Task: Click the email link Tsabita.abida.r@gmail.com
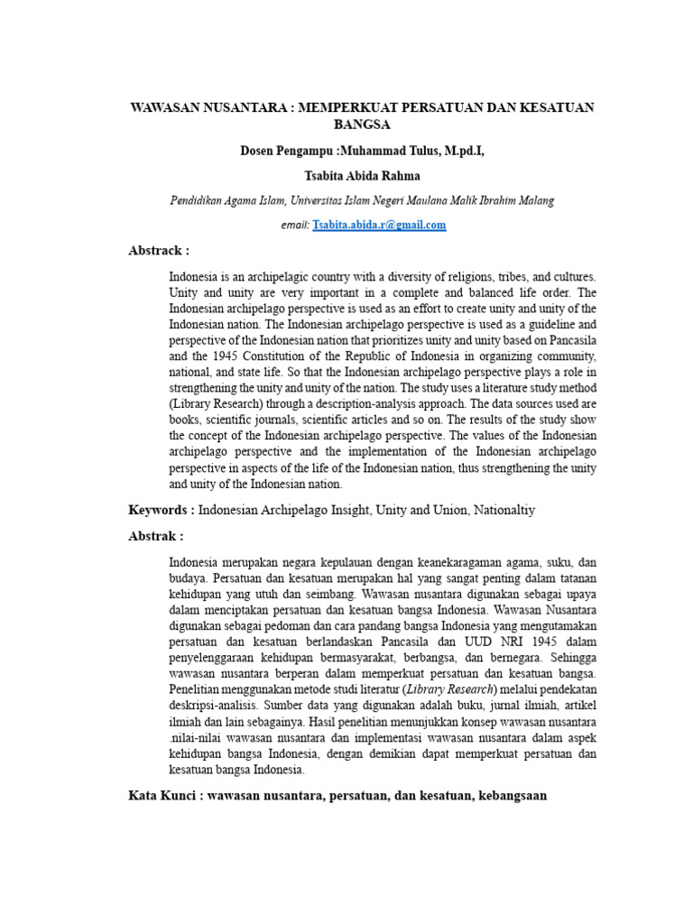coord(379,225)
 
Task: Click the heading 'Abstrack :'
coord(159,250)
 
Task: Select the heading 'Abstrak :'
coord(156,535)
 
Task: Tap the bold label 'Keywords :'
coord(162,510)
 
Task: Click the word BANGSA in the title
coord(362,124)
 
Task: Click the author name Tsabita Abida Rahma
coord(363,175)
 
